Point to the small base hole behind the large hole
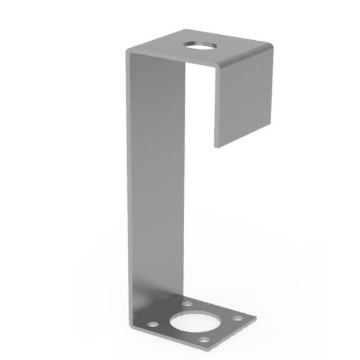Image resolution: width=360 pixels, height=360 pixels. click(188, 304)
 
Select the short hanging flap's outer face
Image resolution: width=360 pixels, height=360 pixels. click(243, 102)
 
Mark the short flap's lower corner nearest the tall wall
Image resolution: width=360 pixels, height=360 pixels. click(214, 146)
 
